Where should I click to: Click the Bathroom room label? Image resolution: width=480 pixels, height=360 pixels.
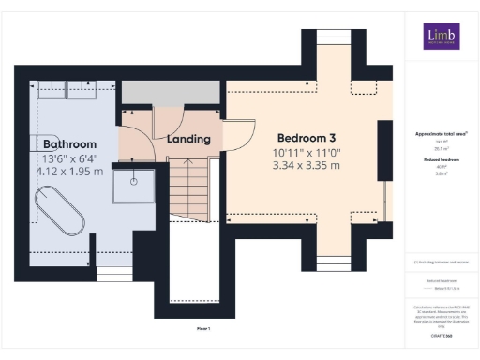pyautogui.click(x=69, y=144)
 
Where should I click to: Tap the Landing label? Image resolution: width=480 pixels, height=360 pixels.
pyautogui.click(x=187, y=140)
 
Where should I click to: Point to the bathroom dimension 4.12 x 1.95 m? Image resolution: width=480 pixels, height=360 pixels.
pyautogui.click(x=69, y=172)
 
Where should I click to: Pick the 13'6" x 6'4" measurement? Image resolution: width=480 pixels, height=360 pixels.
pyautogui.click(x=69, y=158)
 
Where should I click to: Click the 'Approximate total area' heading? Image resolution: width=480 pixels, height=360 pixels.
pyautogui.click(x=442, y=134)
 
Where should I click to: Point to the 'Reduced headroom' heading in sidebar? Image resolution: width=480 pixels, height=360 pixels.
pyautogui.click(x=442, y=160)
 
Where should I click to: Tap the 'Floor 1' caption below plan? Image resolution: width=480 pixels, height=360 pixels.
pyautogui.click(x=202, y=329)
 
